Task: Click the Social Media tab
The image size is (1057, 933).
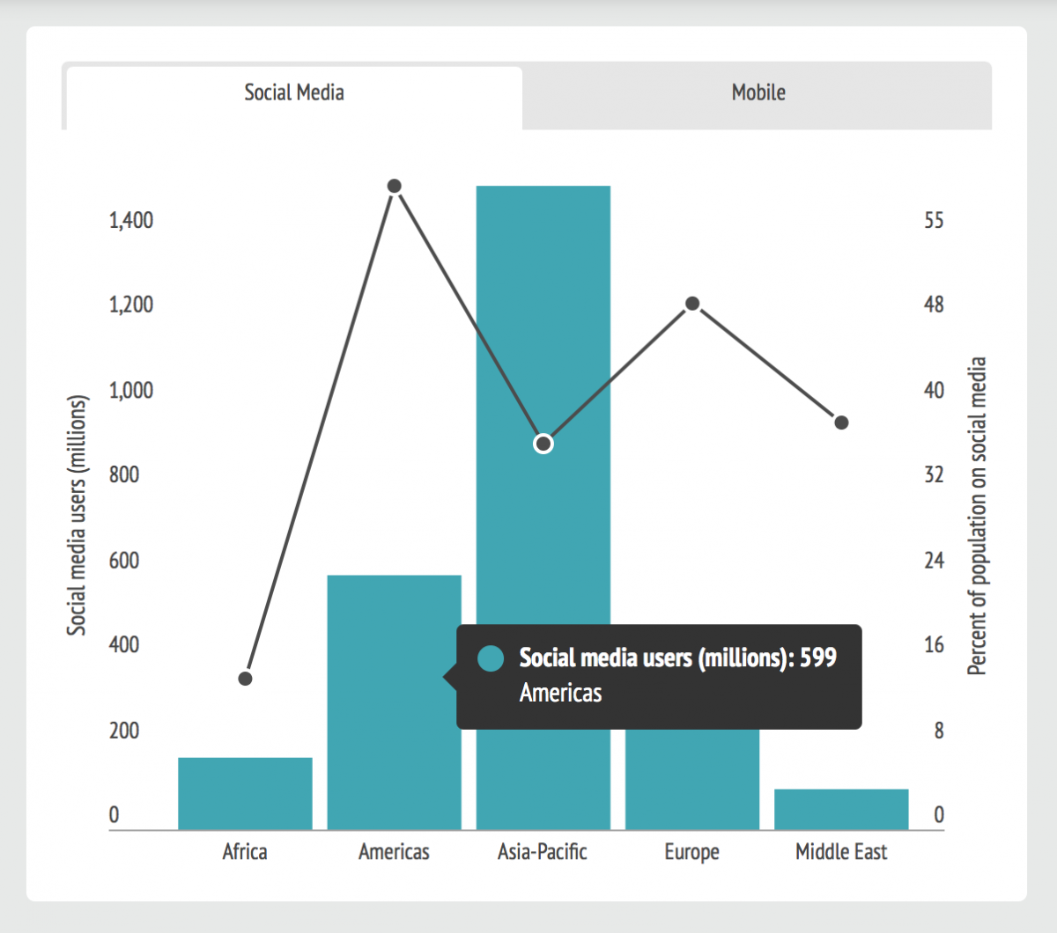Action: point(294,98)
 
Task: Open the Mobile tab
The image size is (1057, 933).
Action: point(758,96)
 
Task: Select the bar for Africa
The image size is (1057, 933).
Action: point(245,793)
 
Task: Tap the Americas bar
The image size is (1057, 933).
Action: point(395,702)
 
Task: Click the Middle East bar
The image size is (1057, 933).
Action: point(841,809)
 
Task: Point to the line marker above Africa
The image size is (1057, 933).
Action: point(245,679)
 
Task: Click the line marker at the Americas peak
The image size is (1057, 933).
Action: point(395,186)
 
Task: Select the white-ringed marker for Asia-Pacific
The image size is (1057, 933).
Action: point(543,444)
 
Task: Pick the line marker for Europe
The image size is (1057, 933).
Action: point(692,304)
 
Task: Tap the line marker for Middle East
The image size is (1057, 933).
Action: point(841,422)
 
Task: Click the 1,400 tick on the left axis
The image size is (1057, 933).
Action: point(131,221)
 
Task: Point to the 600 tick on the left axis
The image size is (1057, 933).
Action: point(124,561)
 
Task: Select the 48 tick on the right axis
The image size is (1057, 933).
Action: point(934,305)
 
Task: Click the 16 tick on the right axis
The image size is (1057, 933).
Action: point(934,645)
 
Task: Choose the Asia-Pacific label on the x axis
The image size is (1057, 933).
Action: point(542,852)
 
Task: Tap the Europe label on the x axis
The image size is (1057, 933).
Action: point(691,852)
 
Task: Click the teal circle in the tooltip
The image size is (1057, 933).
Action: point(491,658)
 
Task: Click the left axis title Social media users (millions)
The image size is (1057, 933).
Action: point(77,516)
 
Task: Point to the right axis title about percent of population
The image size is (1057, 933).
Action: point(976,516)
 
